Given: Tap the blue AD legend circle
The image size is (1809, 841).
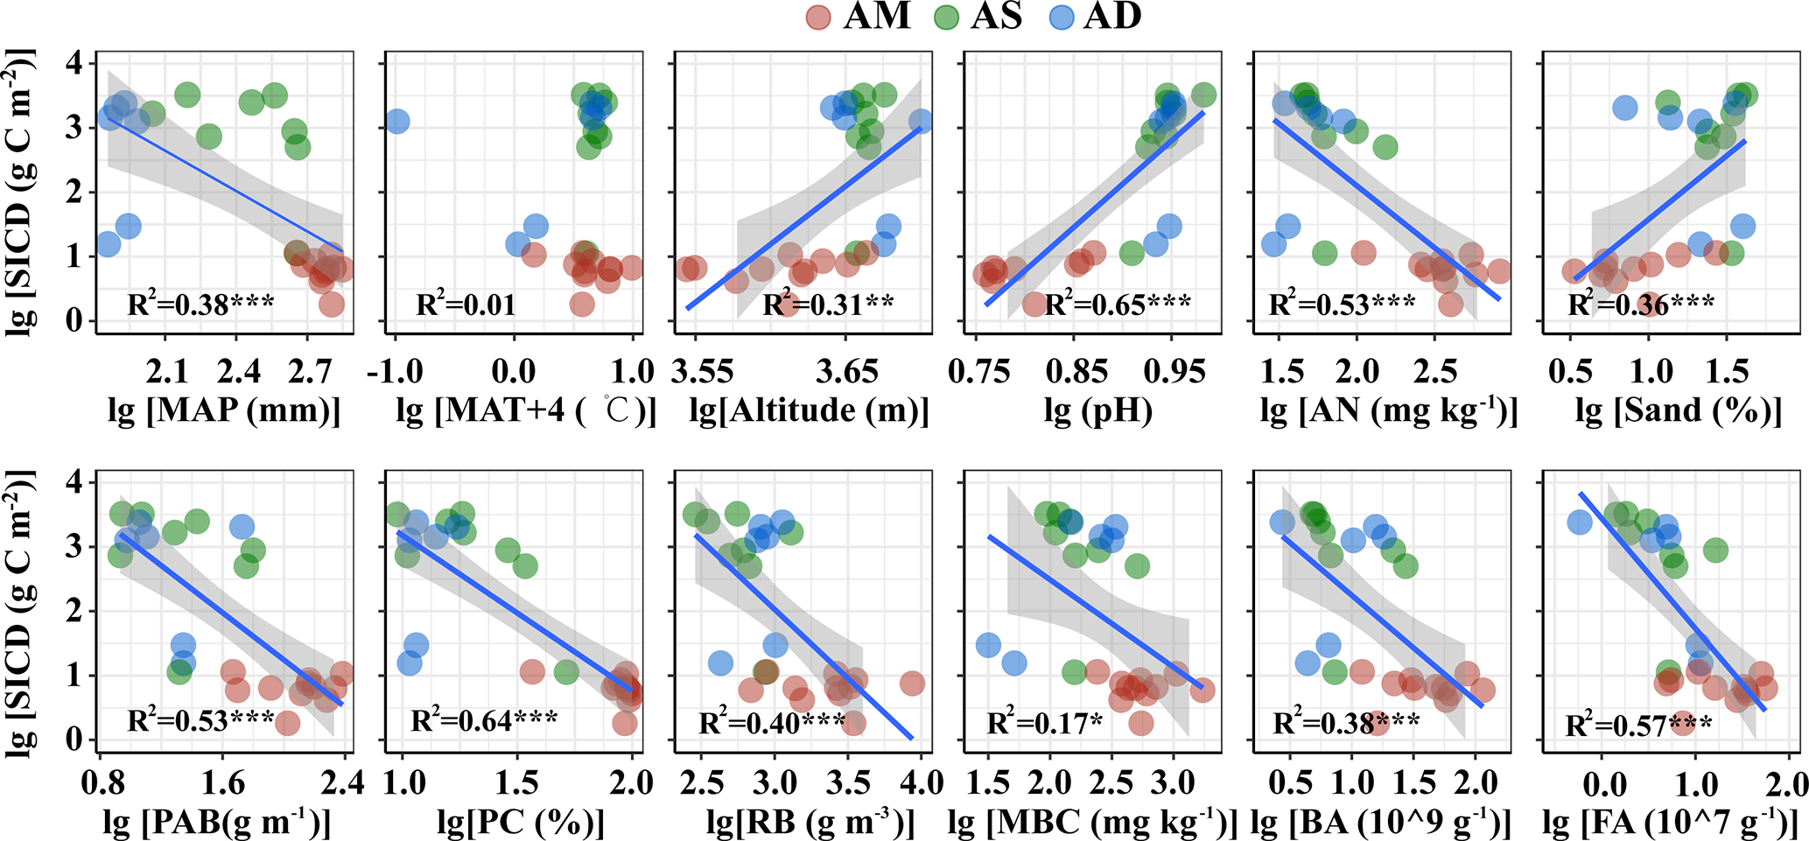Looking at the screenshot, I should coord(1062,18).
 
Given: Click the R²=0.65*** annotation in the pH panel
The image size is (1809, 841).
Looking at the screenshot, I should coord(1118,305).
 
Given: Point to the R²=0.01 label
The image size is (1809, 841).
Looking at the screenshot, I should coord(466,305).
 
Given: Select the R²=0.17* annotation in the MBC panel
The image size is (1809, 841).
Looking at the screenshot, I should coord(1043,724).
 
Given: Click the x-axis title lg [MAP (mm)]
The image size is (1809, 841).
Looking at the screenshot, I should coord(224,410).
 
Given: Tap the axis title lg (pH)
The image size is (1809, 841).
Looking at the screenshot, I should coord(1098,410).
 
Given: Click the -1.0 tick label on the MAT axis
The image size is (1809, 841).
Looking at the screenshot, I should coord(396,371).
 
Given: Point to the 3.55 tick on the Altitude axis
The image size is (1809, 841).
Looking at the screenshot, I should coord(702,371).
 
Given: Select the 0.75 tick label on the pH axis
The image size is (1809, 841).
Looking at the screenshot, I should coord(978,371).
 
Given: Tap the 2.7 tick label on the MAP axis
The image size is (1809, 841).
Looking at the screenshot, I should coord(311,371).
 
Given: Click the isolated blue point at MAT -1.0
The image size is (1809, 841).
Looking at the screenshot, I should coord(396,121).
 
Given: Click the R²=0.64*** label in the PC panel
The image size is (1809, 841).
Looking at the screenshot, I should coord(484,720).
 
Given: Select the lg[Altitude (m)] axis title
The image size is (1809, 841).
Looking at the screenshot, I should coord(810,410).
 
